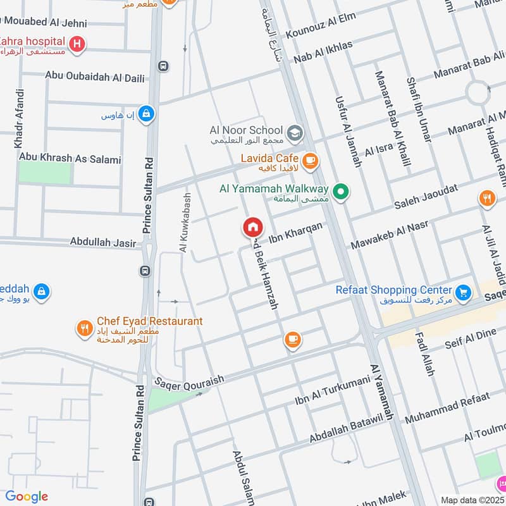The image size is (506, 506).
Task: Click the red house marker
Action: coord(252,227)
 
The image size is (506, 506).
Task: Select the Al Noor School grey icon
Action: coord(294,133)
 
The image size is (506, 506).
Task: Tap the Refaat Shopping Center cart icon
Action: coord(464,293)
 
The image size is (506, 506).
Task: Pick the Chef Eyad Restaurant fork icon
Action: coord(84,328)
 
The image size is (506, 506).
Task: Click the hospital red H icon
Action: coord(77,44)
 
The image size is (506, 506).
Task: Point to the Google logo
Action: coord(27,497)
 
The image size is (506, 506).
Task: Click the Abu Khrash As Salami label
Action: coord(70,159)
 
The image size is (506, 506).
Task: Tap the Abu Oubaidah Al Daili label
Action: coord(95,77)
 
